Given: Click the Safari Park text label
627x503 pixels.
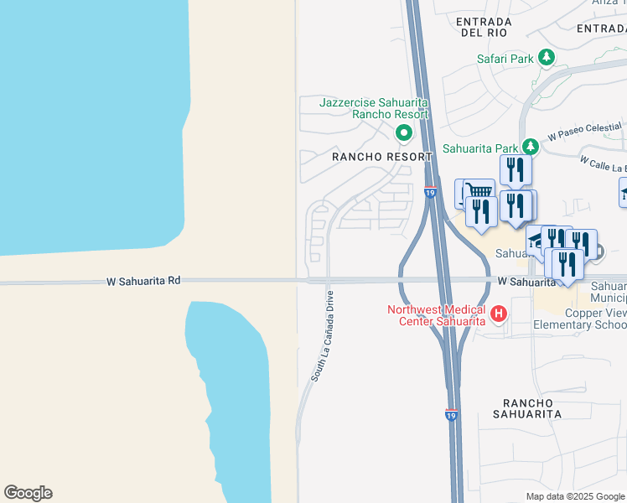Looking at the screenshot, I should pyautogui.click(x=505, y=59).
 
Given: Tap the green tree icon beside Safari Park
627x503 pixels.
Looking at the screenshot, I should pyautogui.click(x=547, y=57).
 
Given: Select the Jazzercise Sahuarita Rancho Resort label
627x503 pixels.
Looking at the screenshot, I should pyautogui.click(x=374, y=108).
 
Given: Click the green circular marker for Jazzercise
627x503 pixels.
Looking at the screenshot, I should pyautogui.click(x=403, y=132).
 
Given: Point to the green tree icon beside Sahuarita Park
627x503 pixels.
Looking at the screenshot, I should pyautogui.click(x=528, y=146).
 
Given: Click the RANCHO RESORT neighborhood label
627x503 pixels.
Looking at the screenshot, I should pyautogui.click(x=381, y=157).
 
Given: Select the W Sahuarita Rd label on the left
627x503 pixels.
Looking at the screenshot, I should pyautogui.click(x=143, y=282).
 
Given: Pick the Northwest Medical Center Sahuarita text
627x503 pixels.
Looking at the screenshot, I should pyautogui.click(x=436, y=315).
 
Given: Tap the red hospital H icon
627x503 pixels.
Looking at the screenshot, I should pyautogui.click(x=499, y=314).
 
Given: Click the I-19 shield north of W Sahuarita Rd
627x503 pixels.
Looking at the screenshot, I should pyautogui.click(x=429, y=193).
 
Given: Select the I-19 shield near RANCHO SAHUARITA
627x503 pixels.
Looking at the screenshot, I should pyautogui.click(x=451, y=415).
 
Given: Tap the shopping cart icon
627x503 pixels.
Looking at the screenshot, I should pyautogui.click(x=478, y=190).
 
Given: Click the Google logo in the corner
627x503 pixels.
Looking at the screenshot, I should pyautogui.click(x=28, y=493).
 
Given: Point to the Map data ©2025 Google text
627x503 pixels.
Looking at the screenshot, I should pyautogui.click(x=574, y=496).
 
